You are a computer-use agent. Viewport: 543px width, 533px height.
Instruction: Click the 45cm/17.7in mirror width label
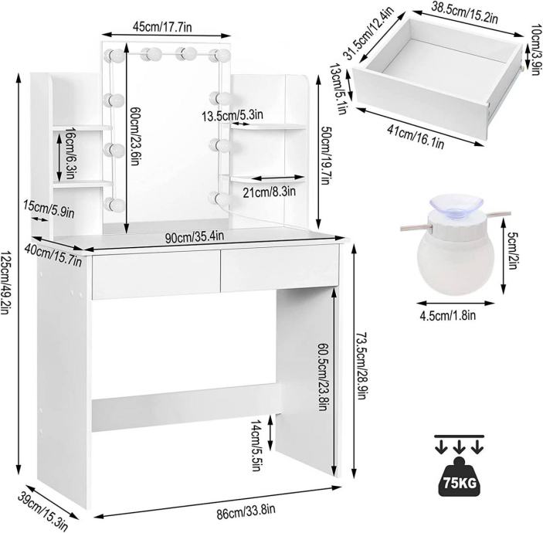pos(162,27)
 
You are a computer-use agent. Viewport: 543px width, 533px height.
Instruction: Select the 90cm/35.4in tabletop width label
pos(195,237)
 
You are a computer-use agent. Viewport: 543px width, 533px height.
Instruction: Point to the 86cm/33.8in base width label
pos(246,511)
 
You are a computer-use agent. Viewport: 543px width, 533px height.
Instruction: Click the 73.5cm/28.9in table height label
pos(361,365)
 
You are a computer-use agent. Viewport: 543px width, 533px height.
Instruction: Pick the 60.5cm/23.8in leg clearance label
pos(322,377)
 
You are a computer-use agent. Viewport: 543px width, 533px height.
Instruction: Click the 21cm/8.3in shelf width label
pos(269,192)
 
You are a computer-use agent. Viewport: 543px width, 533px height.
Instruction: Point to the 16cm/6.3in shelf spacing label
pos(70,153)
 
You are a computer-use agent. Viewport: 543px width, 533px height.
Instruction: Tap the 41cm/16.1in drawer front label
pos(416,137)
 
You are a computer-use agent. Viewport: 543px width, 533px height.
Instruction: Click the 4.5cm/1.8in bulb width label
pos(447,315)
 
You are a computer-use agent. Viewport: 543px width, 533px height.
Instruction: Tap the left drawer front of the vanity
pos(156,274)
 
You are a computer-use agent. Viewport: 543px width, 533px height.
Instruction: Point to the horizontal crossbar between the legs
pos(185,407)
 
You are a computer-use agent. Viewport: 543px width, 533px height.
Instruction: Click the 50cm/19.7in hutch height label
pos(326,155)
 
